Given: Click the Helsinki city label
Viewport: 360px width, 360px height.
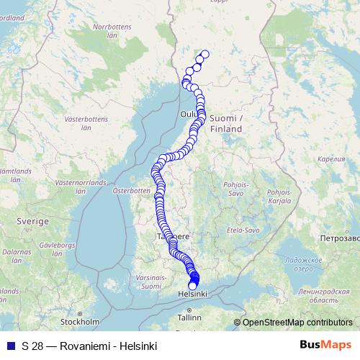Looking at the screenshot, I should [x=192, y=294].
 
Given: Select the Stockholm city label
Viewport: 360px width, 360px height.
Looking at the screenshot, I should [x=79, y=321].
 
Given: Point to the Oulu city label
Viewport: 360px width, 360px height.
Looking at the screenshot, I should [x=189, y=114].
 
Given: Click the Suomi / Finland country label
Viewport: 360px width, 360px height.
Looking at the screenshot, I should [x=227, y=123].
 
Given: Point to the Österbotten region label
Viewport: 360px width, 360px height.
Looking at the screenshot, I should [x=131, y=191].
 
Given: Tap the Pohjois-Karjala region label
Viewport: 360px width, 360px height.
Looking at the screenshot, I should [x=278, y=197].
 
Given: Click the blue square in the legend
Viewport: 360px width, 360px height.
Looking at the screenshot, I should [x=10, y=346].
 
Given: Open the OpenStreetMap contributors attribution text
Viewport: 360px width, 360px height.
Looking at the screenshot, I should [x=297, y=323].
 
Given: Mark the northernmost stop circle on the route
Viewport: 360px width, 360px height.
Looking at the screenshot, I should [x=204, y=54].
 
